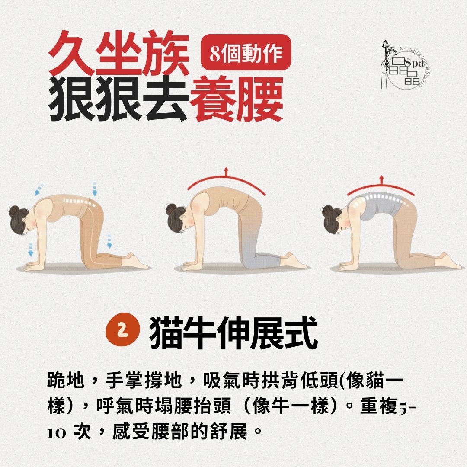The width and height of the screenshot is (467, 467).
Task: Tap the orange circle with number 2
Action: [123, 330]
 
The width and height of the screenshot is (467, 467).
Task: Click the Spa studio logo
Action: [402, 65]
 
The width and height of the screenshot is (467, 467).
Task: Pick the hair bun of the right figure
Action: [327, 211]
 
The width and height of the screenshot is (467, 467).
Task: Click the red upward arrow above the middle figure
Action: [225, 172]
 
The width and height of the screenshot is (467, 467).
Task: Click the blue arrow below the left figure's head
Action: [31, 249]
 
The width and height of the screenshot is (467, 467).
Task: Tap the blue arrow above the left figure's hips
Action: [94, 188]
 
